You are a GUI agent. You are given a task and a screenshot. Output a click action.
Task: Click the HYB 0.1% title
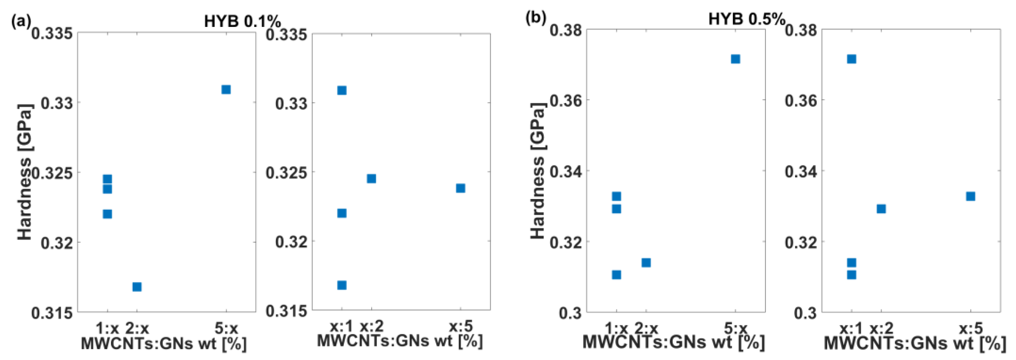click(x=242, y=21)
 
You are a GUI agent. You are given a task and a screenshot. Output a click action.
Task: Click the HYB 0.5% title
click(x=746, y=19)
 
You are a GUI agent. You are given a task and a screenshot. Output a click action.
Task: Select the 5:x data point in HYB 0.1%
click(x=226, y=89)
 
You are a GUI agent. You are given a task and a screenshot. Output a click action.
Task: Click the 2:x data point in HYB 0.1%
click(x=137, y=287)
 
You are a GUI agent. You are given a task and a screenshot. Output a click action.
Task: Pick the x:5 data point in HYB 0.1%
click(x=460, y=188)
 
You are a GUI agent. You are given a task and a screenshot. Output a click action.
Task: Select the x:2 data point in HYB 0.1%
click(x=371, y=179)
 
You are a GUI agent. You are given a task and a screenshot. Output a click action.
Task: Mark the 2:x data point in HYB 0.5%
click(x=646, y=262)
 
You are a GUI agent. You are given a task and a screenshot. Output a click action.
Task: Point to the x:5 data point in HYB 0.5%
click(x=970, y=196)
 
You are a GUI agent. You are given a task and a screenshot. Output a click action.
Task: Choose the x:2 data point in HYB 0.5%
click(x=881, y=209)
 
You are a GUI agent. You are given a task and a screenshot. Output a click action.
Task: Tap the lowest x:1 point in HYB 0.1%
click(x=342, y=285)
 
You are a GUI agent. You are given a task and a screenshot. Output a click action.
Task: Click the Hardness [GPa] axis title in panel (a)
click(x=25, y=172)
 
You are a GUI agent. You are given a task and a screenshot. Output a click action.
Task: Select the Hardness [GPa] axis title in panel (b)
click(x=537, y=170)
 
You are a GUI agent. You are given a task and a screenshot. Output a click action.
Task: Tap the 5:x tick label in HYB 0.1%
click(x=226, y=328)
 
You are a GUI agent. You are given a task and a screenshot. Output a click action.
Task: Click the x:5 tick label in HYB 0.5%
click(x=970, y=328)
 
